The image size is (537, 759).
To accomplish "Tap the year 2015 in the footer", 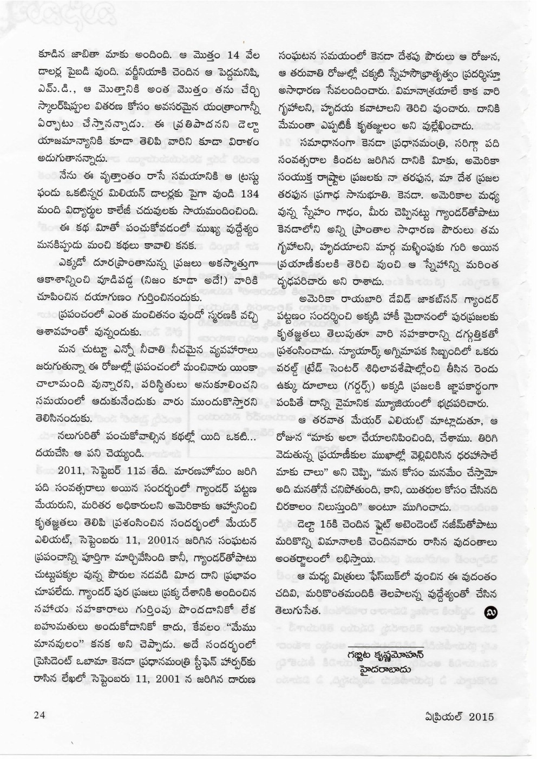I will point(482,716).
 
